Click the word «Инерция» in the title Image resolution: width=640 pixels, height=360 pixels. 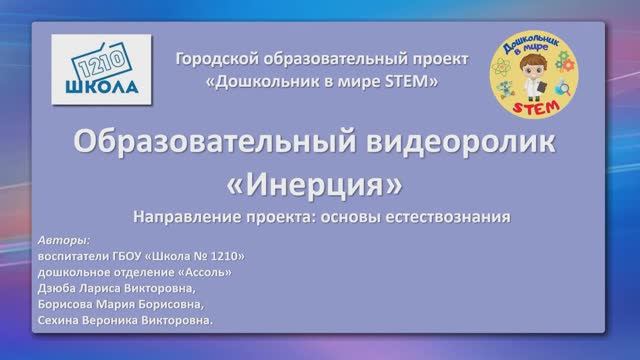[319, 186]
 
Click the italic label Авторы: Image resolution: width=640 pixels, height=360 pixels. [62, 241]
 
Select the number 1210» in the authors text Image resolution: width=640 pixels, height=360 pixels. [227, 255]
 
